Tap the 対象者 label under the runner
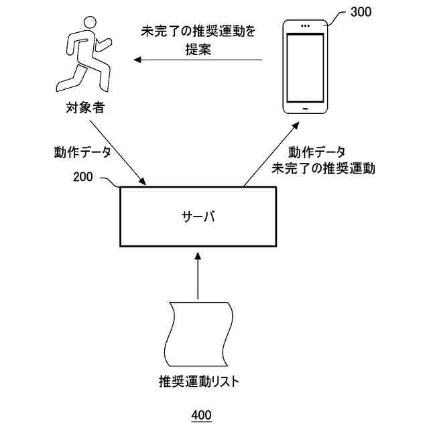(x=85, y=107)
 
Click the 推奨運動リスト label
(x=199, y=383)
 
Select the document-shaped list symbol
(x=199, y=334)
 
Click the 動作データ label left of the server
(x=82, y=151)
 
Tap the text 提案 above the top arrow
(x=198, y=48)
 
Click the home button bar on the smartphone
(x=306, y=107)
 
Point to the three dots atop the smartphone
(x=306, y=27)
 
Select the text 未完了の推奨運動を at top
(x=199, y=31)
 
